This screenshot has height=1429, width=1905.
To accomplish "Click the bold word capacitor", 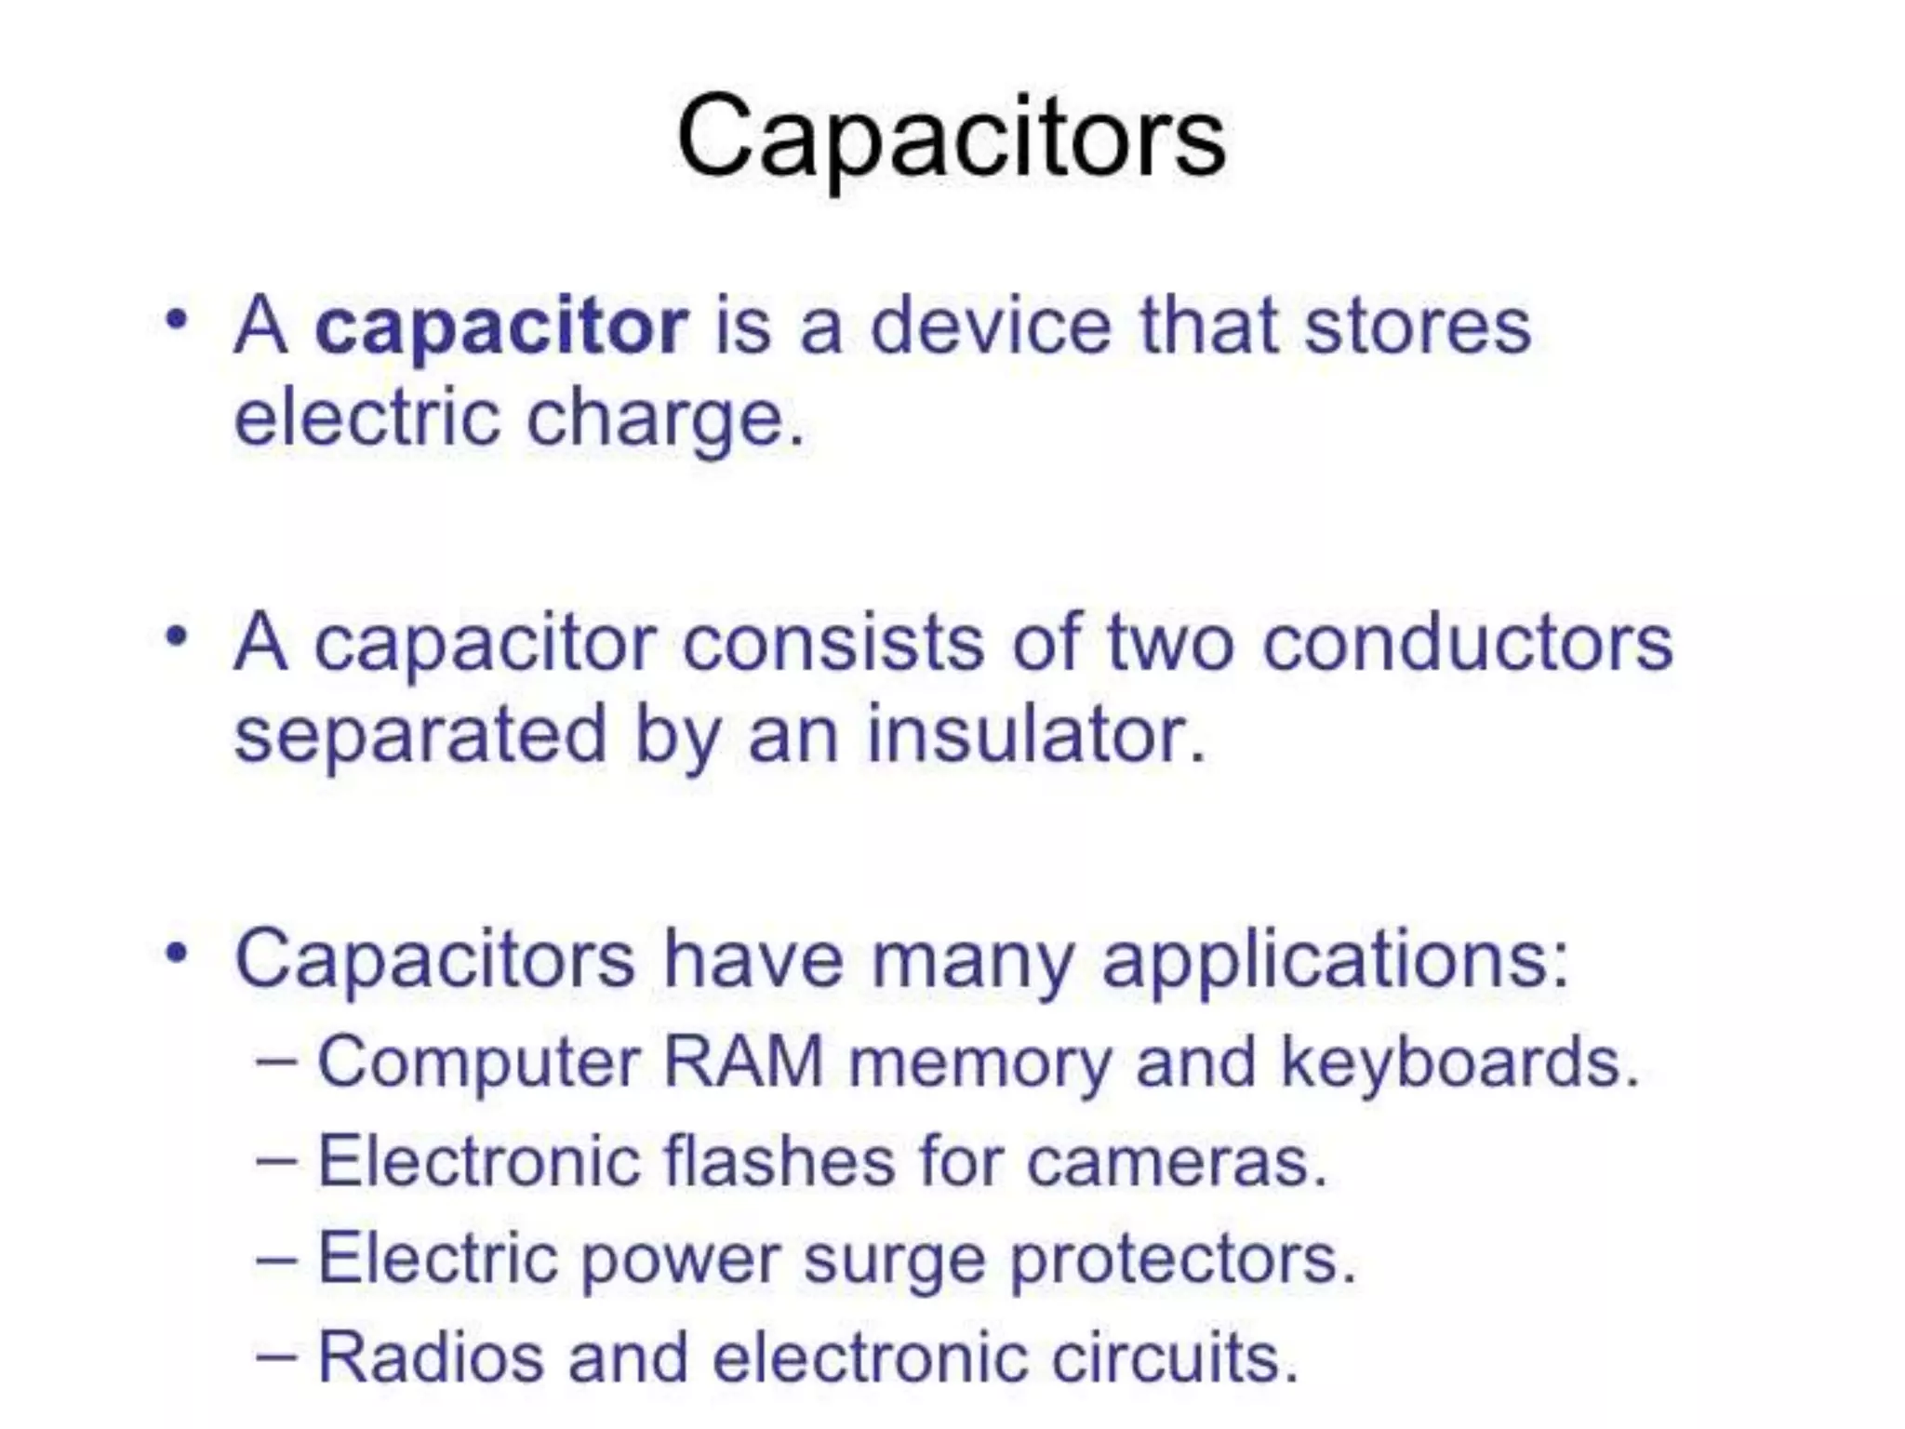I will pos(501,327).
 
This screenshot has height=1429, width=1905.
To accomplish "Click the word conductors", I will pos(1467,643).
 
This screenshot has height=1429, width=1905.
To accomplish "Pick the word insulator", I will pos(1035,735).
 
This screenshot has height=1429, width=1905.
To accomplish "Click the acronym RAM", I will pos(743,1062).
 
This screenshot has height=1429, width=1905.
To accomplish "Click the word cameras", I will pos(1176,1163).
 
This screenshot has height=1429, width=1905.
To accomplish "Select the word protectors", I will pos(1182,1261).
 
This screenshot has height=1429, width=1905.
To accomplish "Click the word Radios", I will pos(431,1357).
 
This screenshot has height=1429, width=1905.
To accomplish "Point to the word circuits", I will pos(1174,1357).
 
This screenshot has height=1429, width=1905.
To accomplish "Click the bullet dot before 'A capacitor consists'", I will pos(176,638).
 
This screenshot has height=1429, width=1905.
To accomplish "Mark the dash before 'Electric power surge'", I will pos(276,1259).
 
